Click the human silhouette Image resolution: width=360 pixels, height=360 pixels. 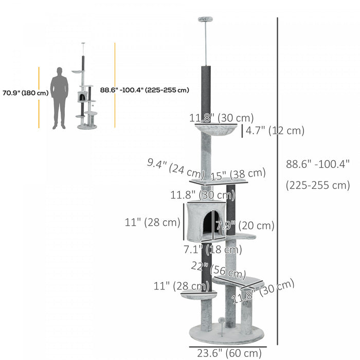[60, 97]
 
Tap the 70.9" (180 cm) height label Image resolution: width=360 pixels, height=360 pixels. [24, 93]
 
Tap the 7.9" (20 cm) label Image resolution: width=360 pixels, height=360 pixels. [245, 226]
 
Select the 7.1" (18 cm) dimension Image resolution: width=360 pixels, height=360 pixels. [212, 250]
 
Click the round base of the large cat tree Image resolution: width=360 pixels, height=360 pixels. [226, 334]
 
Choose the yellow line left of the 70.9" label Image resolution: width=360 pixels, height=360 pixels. [39, 97]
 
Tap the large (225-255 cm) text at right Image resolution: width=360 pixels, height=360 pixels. [317, 185]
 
